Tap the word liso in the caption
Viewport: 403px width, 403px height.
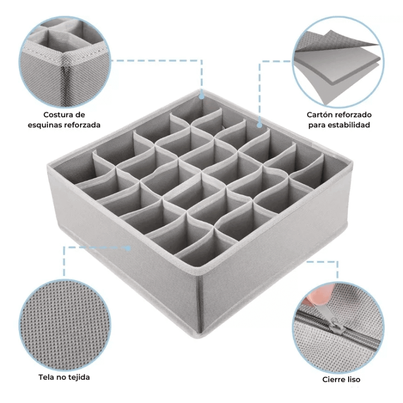[354, 379]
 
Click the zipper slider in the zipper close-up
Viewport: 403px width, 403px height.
[337, 326]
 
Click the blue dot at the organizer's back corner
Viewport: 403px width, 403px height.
[202, 97]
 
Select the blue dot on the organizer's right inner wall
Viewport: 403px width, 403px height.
[259, 125]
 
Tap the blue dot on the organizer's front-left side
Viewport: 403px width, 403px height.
[128, 248]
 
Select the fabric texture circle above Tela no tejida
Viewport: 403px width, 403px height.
[65, 325]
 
